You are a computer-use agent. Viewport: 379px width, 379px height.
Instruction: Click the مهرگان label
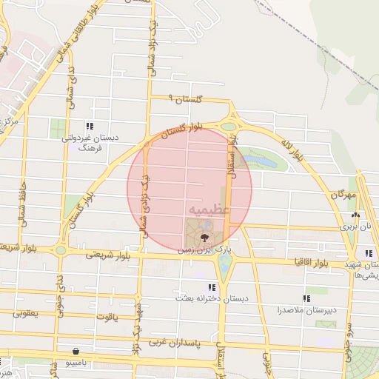pos(344,195)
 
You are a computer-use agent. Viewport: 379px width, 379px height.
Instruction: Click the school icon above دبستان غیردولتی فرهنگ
pos(90,127)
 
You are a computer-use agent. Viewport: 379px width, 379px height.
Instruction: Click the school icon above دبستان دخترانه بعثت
pos(212,286)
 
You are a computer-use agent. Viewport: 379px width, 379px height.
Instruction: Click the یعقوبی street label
pos(25,315)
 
